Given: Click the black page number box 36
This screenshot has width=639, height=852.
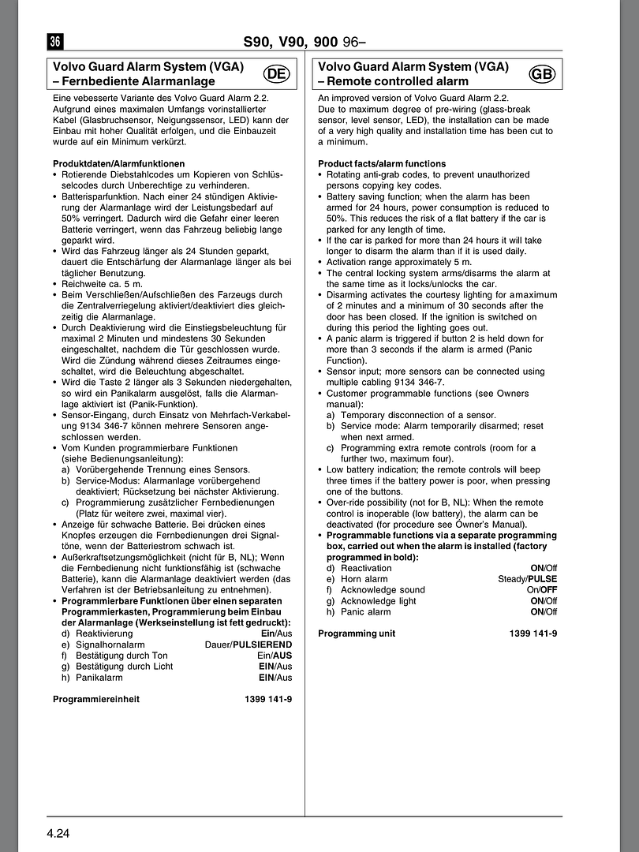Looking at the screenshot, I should (55, 42).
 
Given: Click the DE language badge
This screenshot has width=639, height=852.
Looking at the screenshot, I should (276, 74).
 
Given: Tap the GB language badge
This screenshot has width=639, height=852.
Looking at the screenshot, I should (543, 74).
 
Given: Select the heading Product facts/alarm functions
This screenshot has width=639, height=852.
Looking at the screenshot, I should (382, 163).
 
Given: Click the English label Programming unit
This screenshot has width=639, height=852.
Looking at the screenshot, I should (357, 633).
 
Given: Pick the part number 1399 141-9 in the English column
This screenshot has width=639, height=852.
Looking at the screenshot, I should (533, 633).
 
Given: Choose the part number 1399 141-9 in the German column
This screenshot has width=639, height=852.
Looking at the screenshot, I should (268, 699).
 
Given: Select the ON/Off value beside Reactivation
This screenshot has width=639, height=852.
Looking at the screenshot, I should (544, 568).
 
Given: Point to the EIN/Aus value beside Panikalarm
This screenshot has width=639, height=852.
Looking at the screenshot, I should (275, 677).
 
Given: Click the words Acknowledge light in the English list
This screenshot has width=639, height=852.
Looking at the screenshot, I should (379, 601).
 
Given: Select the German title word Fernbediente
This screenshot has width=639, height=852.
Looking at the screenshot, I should (95, 81).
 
